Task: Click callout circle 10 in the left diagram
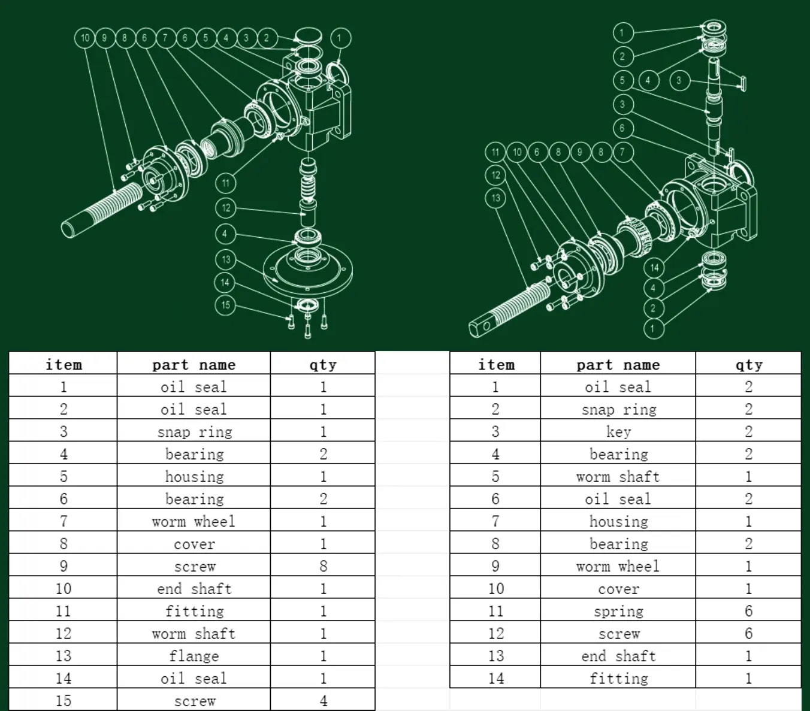point(84,38)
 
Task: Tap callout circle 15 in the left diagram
point(226,305)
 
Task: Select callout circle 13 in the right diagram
point(495,198)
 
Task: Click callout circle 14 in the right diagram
point(655,268)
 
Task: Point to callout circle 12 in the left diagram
point(226,208)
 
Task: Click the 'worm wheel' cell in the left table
point(194,521)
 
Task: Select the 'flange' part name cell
point(194,656)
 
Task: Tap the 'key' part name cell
point(618,432)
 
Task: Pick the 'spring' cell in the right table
point(618,611)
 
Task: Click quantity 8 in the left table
point(323,566)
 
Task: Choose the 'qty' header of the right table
point(748,364)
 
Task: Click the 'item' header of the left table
point(64,364)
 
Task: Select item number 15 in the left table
point(64,700)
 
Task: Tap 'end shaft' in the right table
point(618,656)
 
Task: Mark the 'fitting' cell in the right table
point(618,678)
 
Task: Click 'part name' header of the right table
point(618,364)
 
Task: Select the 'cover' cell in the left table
point(194,544)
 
